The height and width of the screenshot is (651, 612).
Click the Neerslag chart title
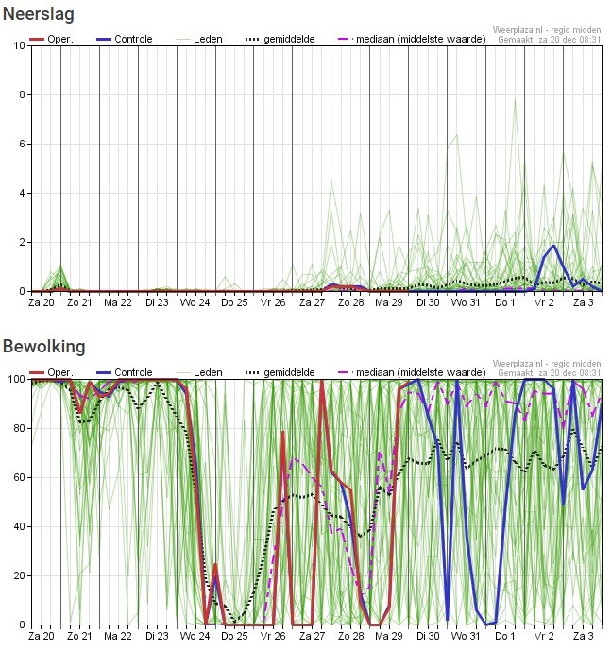click(38, 14)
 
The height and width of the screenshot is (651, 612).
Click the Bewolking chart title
click(43, 347)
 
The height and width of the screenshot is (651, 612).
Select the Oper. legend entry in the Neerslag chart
click(53, 39)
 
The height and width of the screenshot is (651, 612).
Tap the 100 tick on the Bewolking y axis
click(16, 379)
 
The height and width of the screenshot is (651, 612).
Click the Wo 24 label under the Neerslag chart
click(195, 303)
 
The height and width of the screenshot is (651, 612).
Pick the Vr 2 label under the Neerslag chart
click(544, 303)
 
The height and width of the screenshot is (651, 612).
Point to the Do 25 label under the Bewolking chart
click(234, 637)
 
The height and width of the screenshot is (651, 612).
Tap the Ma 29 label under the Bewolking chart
click(388, 637)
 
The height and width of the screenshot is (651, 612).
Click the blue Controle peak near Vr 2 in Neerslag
click(554, 246)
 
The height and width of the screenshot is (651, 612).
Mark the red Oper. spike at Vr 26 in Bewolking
click(283, 432)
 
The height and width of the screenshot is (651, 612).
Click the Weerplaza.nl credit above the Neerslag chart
click(547, 30)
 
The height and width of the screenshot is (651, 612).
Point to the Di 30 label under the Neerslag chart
click(428, 303)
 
